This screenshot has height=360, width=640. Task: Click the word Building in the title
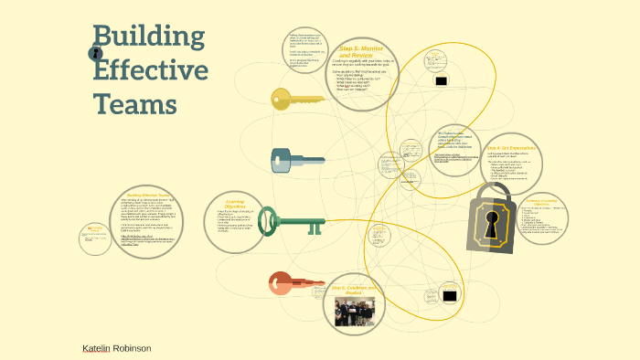149,38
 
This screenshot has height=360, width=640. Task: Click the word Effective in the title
151,71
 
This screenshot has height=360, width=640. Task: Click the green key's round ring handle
268,220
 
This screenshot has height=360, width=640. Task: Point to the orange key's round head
281,282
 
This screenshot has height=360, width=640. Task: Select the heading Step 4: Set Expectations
511,148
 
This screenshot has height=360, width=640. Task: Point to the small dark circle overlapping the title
95,54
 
